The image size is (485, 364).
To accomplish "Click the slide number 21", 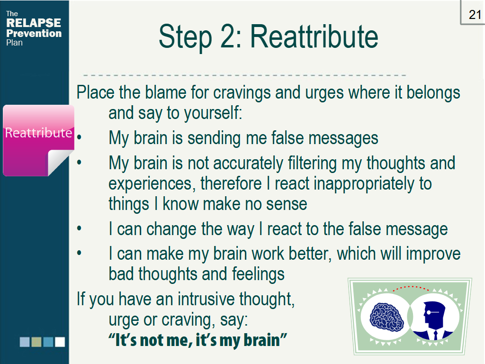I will click(475, 15).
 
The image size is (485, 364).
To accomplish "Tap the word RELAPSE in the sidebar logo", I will click(34, 23).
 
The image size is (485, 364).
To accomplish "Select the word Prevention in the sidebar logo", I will click(34, 34).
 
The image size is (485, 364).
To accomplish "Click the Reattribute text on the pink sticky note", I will click(38, 133).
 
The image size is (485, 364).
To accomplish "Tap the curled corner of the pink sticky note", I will click(61, 163).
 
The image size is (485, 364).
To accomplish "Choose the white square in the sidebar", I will click(60, 342).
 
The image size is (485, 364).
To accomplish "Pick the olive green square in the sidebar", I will click(36, 342).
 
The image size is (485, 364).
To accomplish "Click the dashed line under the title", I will click(244, 75).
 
